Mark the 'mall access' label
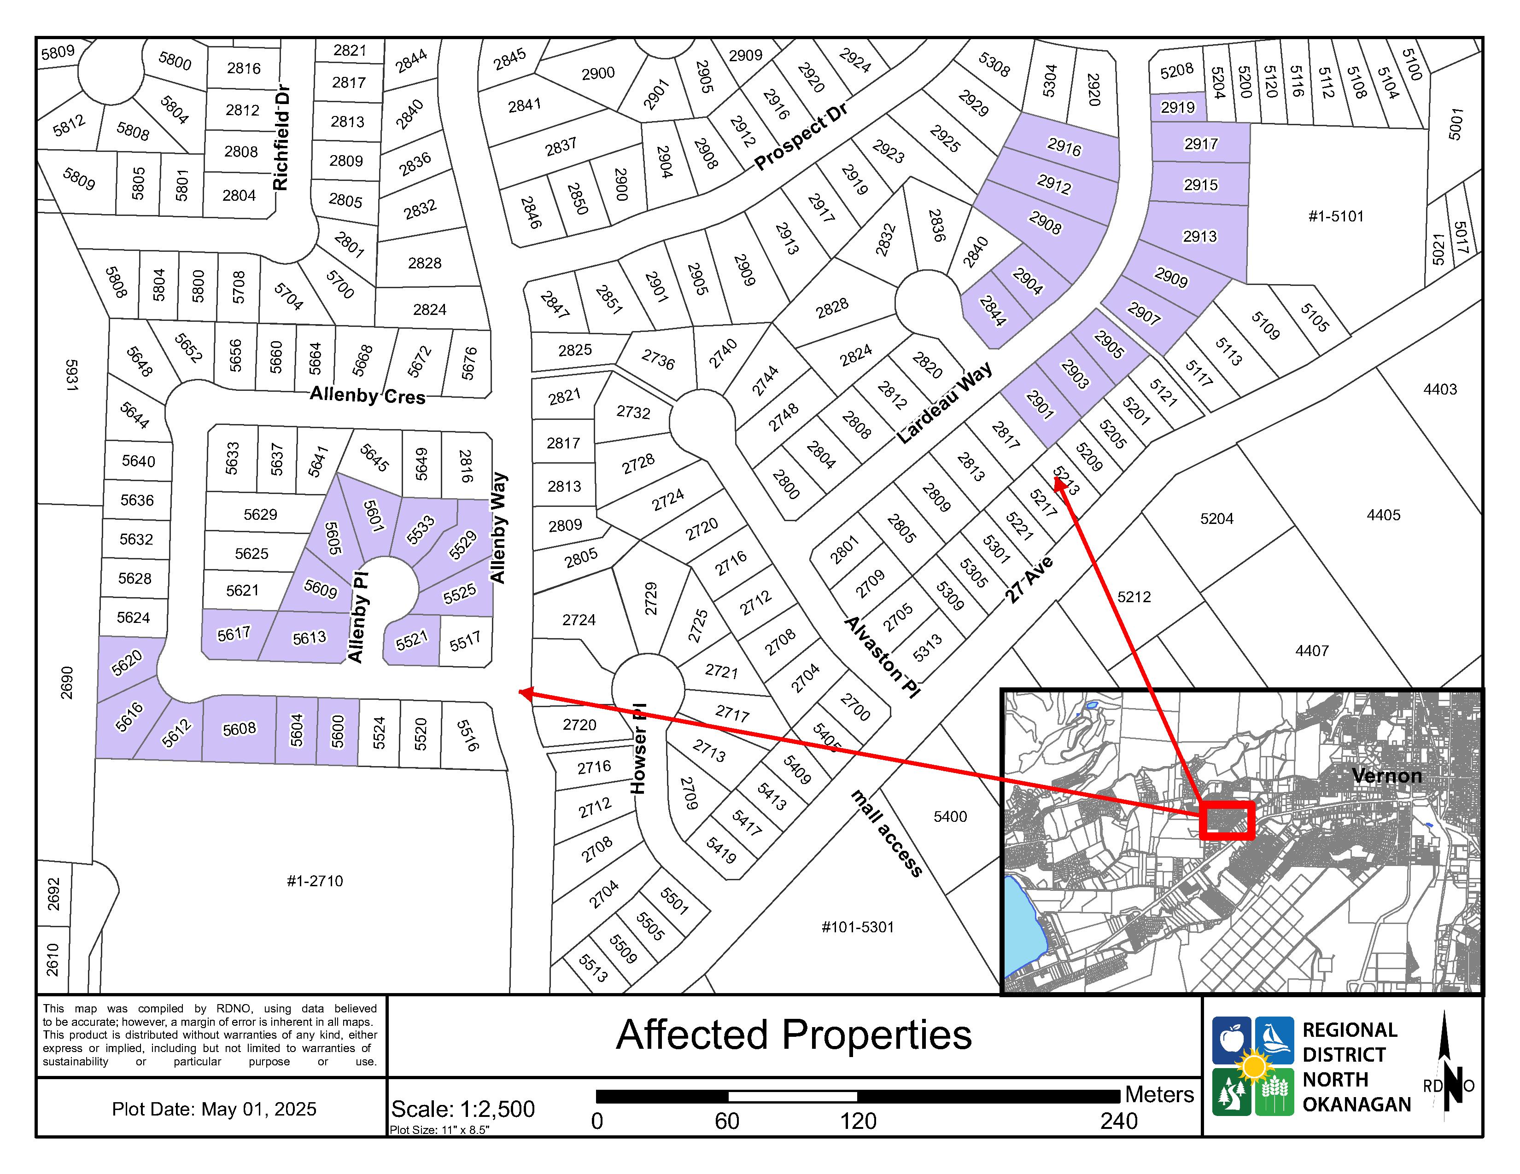(x=887, y=833)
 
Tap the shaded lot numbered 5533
(x=421, y=530)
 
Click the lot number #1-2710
(x=315, y=881)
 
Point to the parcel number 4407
(x=1311, y=651)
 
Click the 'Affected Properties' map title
(x=794, y=1035)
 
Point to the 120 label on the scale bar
(x=858, y=1121)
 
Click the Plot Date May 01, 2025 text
(x=214, y=1109)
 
